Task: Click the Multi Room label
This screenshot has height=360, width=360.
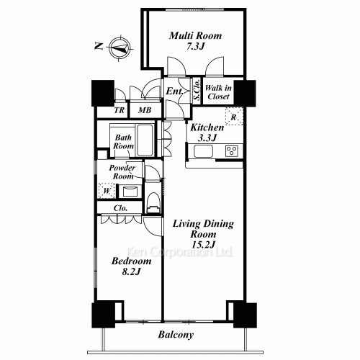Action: [195, 36]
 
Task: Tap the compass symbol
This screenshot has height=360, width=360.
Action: [120, 48]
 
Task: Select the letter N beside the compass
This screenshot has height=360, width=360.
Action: [99, 45]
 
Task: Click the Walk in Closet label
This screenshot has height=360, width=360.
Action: [218, 92]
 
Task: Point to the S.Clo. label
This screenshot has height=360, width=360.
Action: [197, 90]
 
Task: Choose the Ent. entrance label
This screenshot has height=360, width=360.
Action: [175, 91]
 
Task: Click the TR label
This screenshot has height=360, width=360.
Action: [120, 110]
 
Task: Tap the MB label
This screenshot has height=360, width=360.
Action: [145, 110]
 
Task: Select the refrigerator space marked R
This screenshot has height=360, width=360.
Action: [234, 117]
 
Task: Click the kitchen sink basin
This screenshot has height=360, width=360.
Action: [203, 151]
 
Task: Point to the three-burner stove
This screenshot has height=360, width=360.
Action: [232, 151]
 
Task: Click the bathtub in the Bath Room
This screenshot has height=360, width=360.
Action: [145, 140]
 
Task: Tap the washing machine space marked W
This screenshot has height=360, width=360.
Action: [107, 191]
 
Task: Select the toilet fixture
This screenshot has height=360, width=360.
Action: [153, 203]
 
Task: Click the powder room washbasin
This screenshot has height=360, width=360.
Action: [130, 192]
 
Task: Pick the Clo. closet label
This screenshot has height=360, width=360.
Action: [120, 208]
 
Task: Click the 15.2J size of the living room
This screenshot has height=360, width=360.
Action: [203, 245]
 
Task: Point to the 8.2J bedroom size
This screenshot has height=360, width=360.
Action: [131, 271]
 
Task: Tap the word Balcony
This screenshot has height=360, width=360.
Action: [176, 335]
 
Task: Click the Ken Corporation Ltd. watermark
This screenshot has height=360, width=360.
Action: [180, 252]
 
